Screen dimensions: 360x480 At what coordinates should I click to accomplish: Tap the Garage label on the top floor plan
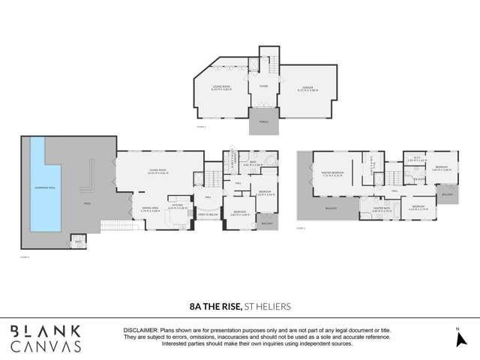point(300,88)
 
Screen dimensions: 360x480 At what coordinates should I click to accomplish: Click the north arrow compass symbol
point(459,338)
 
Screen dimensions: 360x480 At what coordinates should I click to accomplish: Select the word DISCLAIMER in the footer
point(139,330)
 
